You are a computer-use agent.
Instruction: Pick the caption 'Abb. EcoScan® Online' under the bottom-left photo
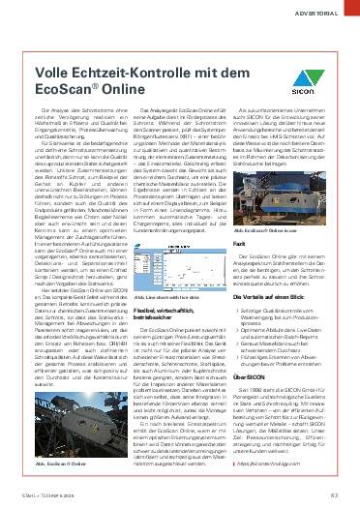49,465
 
